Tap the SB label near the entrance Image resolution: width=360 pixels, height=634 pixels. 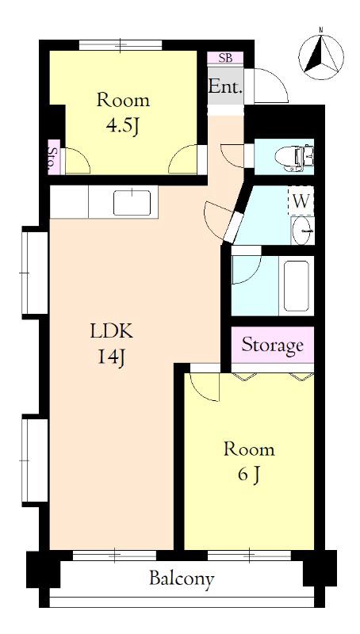tap(225, 58)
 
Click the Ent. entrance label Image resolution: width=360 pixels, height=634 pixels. tap(225, 86)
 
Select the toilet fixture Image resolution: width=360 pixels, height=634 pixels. tap(294, 158)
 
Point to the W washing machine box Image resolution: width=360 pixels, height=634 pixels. tap(301, 201)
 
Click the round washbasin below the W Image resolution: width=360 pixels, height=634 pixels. tap(303, 231)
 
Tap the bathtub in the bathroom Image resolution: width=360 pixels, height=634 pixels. tap(296, 286)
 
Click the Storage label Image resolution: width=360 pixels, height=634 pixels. tap(272, 346)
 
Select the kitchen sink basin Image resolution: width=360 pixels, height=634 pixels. tap(132, 203)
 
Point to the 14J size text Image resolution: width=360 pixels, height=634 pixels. tap(110, 357)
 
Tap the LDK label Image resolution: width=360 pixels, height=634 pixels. tap(111, 331)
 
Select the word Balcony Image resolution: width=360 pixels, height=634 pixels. tap(182, 579)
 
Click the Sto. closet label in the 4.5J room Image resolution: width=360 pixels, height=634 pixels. tap(53, 157)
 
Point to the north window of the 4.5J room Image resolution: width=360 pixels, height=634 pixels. tap(121, 45)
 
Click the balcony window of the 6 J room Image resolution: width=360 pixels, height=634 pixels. tap(249, 556)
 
